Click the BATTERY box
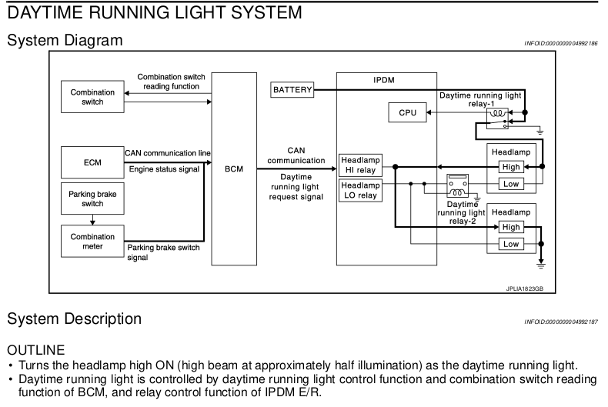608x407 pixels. pyautogui.click(x=292, y=90)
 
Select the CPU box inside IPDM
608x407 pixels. pyautogui.click(x=408, y=112)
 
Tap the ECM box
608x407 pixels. pyautogui.click(x=92, y=162)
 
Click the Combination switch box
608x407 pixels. pyautogui.click(x=92, y=97)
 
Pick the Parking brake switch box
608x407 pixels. pyautogui.click(x=92, y=198)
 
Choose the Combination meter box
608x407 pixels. pyautogui.click(x=92, y=241)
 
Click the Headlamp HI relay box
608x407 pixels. pyautogui.click(x=361, y=165)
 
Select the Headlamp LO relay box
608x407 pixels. pyautogui.click(x=361, y=190)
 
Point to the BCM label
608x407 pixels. pyautogui.click(x=234, y=169)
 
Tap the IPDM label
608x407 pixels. pyautogui.click(x=384, y=80)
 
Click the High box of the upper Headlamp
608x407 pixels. pyautogui.click(x=511, y=167)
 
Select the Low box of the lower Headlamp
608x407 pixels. pyautogui.click(x=511, y=244)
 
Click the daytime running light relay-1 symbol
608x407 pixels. pyautogui.click(x=497, y=118)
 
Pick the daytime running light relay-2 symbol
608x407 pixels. pyautogui.click(x=458, y=186)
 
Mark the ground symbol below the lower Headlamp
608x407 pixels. pyautogui.click(x=541, y=265)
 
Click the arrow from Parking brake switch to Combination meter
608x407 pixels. pyautogui.click(x=92, y=220)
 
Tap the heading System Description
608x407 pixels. pyautogui.click(x=74, y=319)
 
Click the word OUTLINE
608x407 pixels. pyautogui.click(x=35, y=350)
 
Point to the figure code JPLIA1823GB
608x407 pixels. pyautogui.click(x=525, y=289)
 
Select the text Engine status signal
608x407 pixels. pyautogui.click(x=164, y=169)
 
